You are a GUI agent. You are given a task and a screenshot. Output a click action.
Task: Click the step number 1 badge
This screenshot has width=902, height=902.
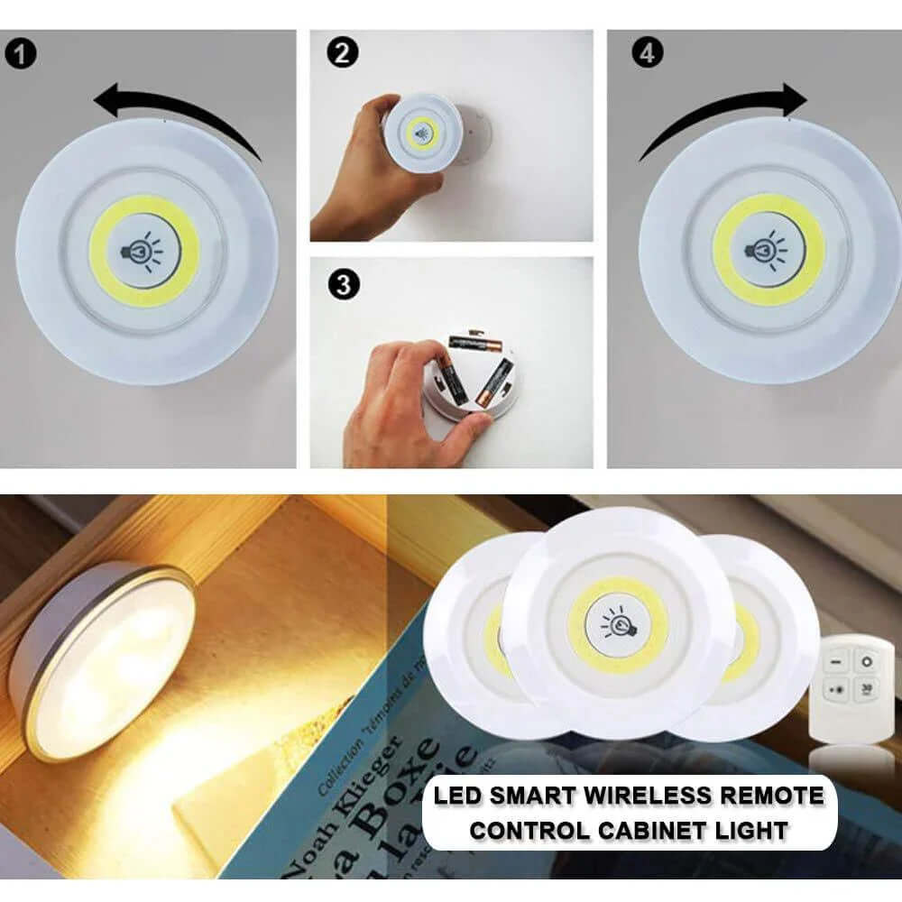(23, 53)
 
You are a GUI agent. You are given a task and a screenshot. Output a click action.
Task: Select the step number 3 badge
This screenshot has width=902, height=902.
(344, 285)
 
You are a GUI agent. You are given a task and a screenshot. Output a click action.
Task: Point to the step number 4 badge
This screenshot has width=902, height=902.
(647, 53)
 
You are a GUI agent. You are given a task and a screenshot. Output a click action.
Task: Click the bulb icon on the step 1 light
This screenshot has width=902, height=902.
(144, 251)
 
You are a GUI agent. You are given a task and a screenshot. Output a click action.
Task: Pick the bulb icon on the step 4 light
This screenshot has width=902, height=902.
(769, 249)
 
